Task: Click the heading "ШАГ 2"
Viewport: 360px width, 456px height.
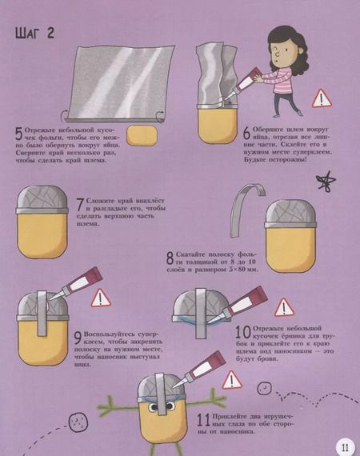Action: point(34,33)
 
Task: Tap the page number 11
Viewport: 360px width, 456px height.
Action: point(346,446)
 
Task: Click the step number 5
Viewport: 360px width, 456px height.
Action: point(19,134)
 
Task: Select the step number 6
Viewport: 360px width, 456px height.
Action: point(247,134)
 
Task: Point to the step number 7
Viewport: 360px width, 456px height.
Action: point(81,205)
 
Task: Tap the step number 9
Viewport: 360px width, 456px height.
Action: point(78,338)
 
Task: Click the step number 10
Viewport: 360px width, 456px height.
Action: point(243,332)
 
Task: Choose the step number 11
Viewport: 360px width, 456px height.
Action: point(204,420)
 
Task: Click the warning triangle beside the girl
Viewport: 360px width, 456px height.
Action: point(322,99)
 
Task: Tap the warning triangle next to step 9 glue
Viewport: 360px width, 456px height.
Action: point(101,298)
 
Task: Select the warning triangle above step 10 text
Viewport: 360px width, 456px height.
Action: point(284,307)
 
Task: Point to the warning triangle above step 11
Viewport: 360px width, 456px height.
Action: point(232,380)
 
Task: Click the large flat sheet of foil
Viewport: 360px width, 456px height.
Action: point(118,83)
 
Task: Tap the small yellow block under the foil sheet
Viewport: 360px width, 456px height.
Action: point(142,135)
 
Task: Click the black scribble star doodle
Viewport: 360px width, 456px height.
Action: point(326,182)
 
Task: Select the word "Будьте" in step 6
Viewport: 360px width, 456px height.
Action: point(255,160)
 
